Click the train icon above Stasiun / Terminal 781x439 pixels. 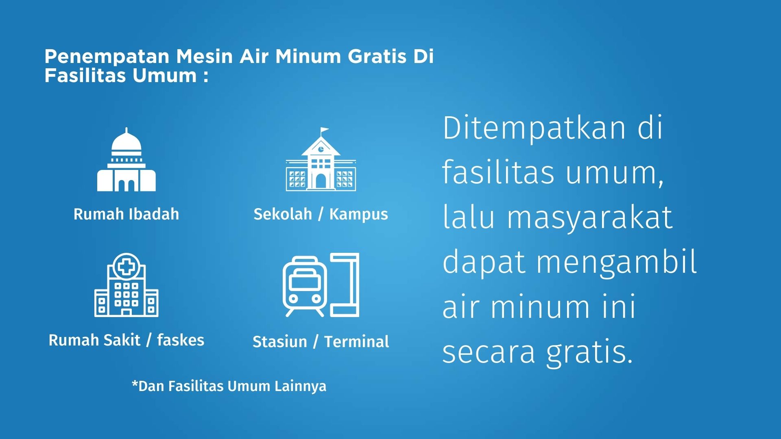click(305, 286)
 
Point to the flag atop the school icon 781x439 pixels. click(325, 130)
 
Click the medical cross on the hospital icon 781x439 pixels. click(127, 266)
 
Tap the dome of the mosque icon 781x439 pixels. click(127, 141)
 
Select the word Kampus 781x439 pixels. click(359, 214)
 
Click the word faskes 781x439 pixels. click(181, 340)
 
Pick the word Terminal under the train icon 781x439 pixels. click(357, 341)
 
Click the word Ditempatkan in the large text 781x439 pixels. click(534, 128)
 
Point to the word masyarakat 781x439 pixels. click(590, 218)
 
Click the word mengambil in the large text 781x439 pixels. click(617, 263)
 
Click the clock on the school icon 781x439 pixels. click(321, 149)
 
